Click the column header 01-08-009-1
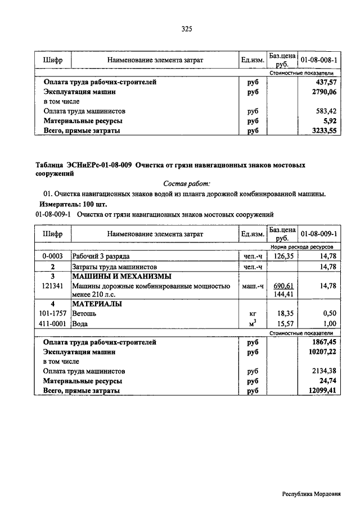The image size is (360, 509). click(319, 234)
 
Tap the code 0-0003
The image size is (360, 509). click(52, 256)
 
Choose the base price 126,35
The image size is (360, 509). click(283, 256)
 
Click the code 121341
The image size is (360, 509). click(52, 286)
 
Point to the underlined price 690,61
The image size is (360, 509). click(283, 286)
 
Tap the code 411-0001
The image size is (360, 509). click(52, 324)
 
